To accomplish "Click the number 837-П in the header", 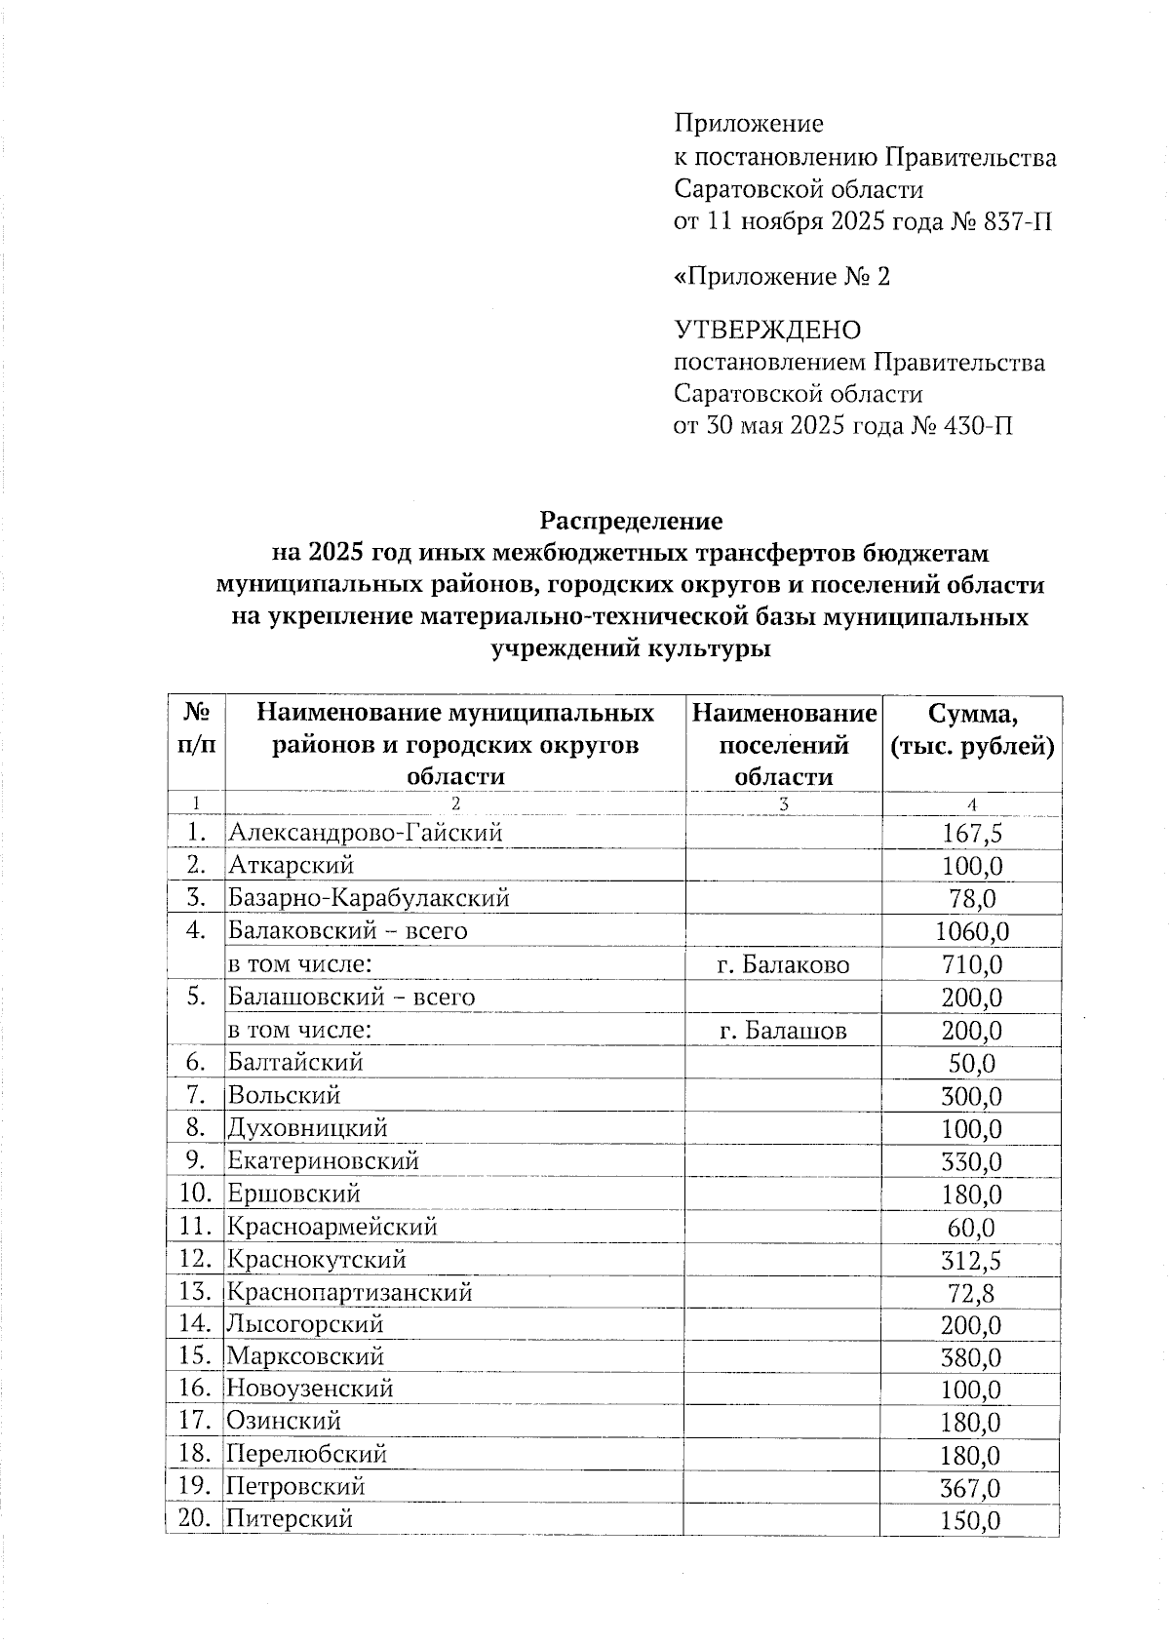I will [1018, 222].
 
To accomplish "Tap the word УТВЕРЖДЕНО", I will [767, 331].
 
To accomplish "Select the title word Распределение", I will [632, 520].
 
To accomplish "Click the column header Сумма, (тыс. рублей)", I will [972, 730].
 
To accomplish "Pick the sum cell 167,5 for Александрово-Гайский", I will [971, 834].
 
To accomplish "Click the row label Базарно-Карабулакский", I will [369, 898].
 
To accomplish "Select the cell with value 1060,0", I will [971, 932].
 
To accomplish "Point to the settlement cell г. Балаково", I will [783, 965].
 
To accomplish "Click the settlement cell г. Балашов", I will [782, 1031].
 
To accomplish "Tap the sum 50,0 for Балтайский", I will [971, 1064].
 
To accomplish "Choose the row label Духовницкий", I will [307, 1128].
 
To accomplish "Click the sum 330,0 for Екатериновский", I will [971, 1162].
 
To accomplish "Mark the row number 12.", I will [195, 1259].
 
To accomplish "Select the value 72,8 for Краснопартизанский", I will [971, 1294].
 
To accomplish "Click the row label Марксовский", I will [305, 1356].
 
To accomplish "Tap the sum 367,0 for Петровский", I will [971, 1489].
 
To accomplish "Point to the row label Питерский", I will [290, 1518].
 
